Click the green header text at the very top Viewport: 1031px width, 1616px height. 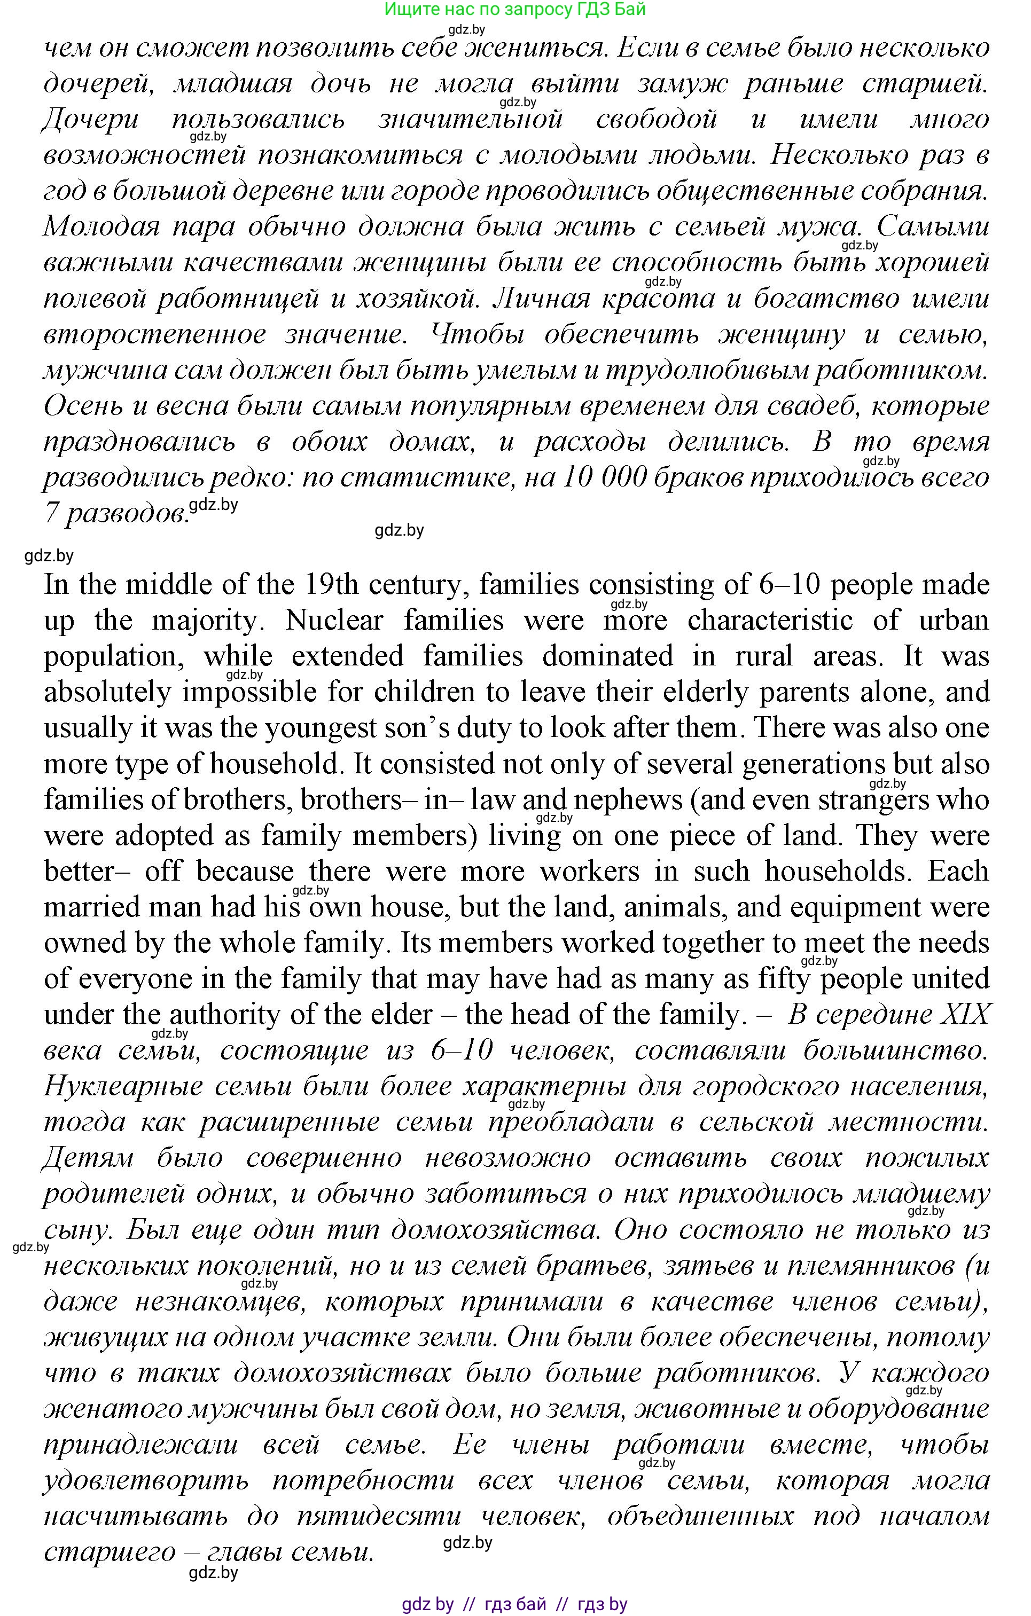click(515, 10)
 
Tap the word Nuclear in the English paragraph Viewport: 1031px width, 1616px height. click(334, 620)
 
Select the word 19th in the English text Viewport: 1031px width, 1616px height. click(332, 585)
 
